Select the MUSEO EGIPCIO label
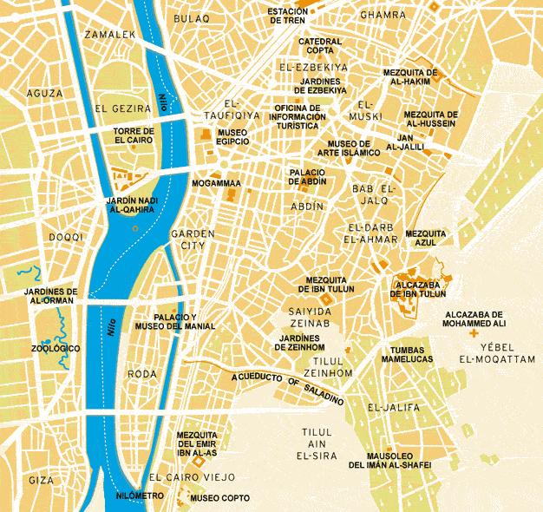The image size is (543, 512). click(232, 137)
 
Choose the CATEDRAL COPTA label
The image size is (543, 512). click(320, 45)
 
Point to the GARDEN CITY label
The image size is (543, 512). click(186, 240)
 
